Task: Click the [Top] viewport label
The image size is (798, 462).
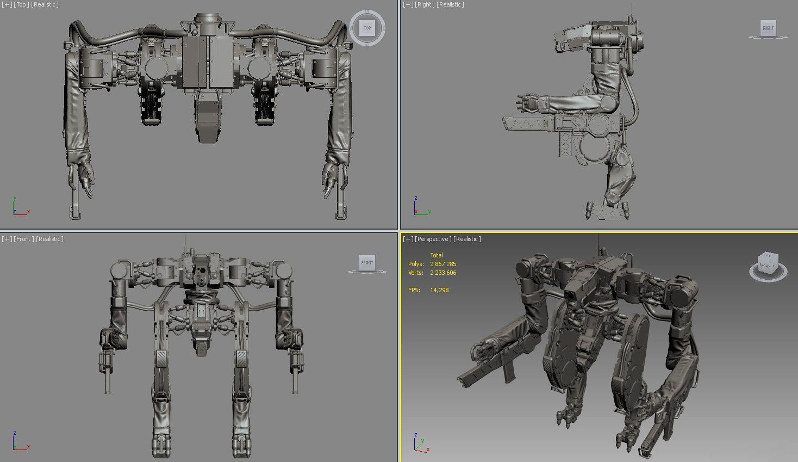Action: pyautogui.click(x=21, y=4)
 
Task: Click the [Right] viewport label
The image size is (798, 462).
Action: pyautogui.click(x=425, y=4)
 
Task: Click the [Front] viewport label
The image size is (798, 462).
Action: pyautogui.click(x=23, y=239)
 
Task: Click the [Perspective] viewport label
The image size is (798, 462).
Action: pyautogui.click(x=433, y=239)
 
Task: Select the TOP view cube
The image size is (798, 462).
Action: pyautogui.click(x=367, y=28)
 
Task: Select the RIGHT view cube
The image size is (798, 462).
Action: pyautogui.click(x=768, y=28)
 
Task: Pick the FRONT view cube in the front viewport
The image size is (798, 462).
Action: pyautogui.click(x=367, y=262)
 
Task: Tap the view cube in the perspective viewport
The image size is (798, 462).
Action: pyautogui.click(x=767, y=265)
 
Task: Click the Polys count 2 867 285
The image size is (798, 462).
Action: pyautogui.click(x=443, y=264)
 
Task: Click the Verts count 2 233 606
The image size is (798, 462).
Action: pyautogui.click(x=443, y=273)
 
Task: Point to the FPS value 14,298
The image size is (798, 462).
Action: pyautogui.click(x=439, y=290)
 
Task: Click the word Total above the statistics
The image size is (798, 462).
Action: pyautogui.click(x=437, y=255)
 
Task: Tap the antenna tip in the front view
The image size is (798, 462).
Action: pyautogui.click(x=185, y=237)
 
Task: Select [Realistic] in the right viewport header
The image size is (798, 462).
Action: pyautogui.click(x=451, y=4)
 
